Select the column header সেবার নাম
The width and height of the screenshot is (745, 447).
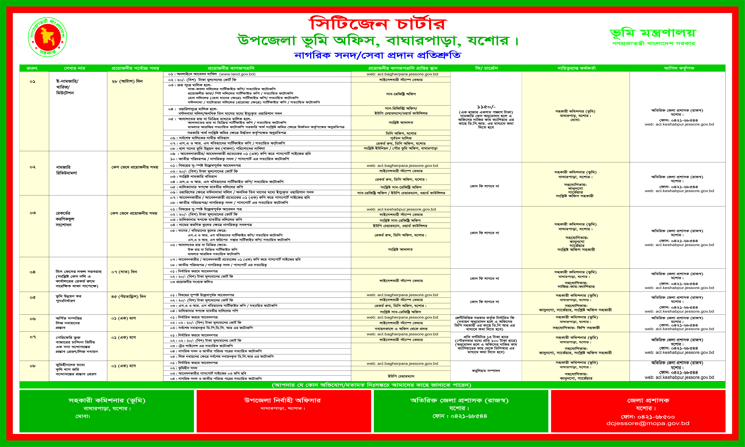click(75, 68)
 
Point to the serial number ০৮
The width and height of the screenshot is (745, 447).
click(33, 366)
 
